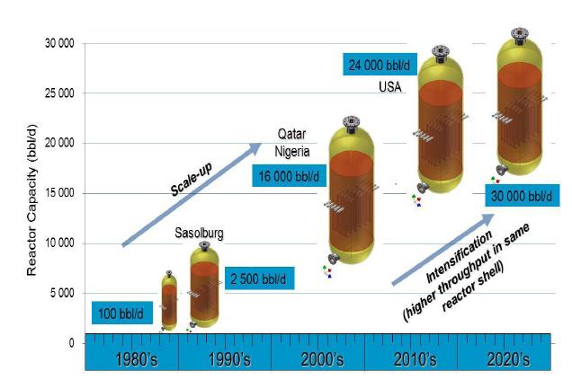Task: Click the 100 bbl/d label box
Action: click(124, 314)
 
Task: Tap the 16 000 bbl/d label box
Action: click(287, 177)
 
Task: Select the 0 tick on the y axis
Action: click(69, 343)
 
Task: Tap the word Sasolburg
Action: click(199, 234)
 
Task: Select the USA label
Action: click(389, 88)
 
